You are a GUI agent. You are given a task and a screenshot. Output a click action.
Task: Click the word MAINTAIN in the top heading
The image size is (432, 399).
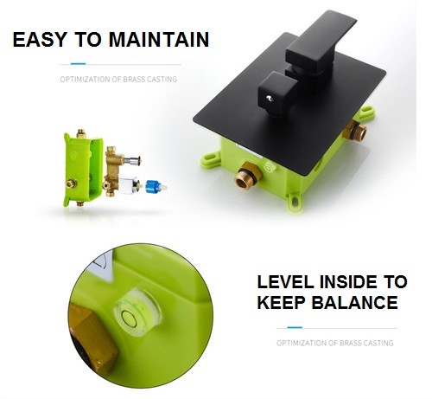coord(159,40)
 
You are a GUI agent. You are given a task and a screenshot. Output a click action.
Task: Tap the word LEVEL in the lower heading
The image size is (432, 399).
coord(285,282)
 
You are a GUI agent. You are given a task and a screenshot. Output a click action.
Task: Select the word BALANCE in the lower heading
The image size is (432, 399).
coord(354,303)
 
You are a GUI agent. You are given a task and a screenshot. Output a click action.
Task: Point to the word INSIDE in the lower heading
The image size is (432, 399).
coord(348,282)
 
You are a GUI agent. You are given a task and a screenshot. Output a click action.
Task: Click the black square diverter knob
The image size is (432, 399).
coord(277,93)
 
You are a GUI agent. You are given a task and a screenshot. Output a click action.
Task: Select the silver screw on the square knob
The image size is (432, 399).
coord(270,99)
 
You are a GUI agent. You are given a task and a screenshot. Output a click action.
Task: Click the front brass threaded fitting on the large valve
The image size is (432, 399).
coord(247,176)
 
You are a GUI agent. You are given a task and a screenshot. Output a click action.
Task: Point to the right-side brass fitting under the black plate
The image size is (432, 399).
coord(355,131)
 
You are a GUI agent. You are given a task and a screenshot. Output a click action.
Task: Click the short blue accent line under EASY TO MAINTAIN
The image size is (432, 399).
coord(78,64)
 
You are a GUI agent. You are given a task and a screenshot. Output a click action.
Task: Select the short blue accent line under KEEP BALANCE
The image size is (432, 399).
coord(295,327)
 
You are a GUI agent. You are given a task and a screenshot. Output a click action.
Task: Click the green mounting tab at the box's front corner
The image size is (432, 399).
coord(295,200)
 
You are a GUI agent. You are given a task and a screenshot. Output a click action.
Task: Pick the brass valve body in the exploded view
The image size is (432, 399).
coord(112,171)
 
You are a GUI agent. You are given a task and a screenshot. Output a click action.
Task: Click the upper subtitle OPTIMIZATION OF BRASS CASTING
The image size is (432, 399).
coord(118,79)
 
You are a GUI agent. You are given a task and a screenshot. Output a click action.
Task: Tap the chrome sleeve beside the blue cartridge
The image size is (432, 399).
coord(128,186)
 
